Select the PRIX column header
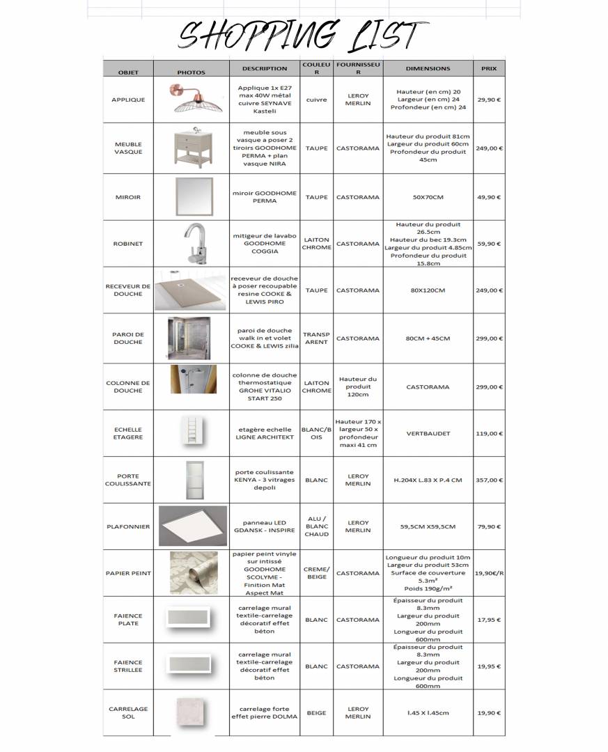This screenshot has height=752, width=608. point(489,69)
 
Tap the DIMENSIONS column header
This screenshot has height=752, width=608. point(428,69)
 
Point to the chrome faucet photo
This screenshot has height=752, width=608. point(191,243)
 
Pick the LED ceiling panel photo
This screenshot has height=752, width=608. point(192,526)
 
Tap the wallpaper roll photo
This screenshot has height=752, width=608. point(189,572)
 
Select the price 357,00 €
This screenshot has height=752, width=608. point(489,480)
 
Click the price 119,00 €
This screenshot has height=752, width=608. point(489,433)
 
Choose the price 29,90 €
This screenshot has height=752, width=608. point(489,100)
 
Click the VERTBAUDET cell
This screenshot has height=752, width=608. point(428,433)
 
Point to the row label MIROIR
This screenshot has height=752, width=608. point(128,197)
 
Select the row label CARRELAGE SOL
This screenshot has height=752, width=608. point(128,712)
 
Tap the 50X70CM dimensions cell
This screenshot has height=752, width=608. point(428,197)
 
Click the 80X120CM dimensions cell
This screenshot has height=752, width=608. point(428,290)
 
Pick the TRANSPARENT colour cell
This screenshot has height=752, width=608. point(316,338)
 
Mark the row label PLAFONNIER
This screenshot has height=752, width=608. point(128,526)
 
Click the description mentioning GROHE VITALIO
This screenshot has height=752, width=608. point(265,386)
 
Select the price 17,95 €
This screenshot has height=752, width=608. point(489,620)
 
